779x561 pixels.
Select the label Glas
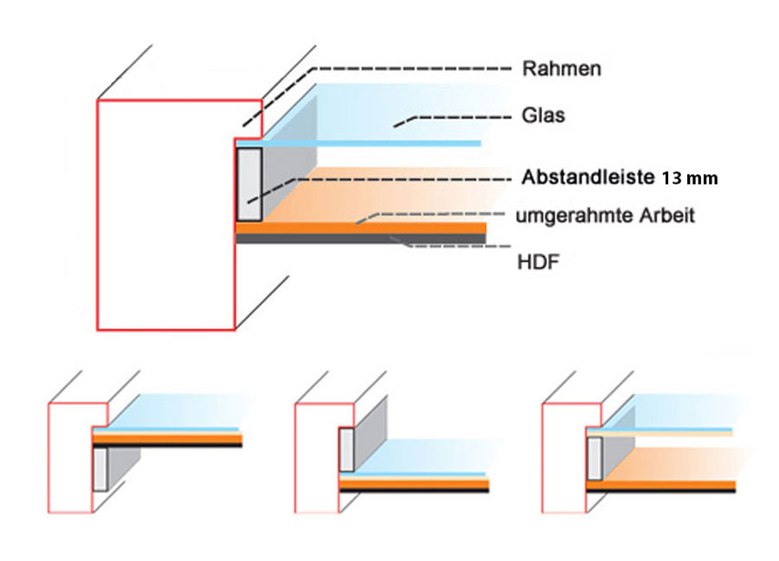(x=544, y=114)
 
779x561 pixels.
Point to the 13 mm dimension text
(x=691, y=179)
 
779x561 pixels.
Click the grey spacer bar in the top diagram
(x=249, y=184)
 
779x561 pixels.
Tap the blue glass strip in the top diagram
(x=364, y=143)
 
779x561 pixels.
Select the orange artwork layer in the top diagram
(x=364, y=228)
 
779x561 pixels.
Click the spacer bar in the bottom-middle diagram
(x=347, y=450)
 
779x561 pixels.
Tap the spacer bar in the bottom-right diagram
(x=595, y=458)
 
